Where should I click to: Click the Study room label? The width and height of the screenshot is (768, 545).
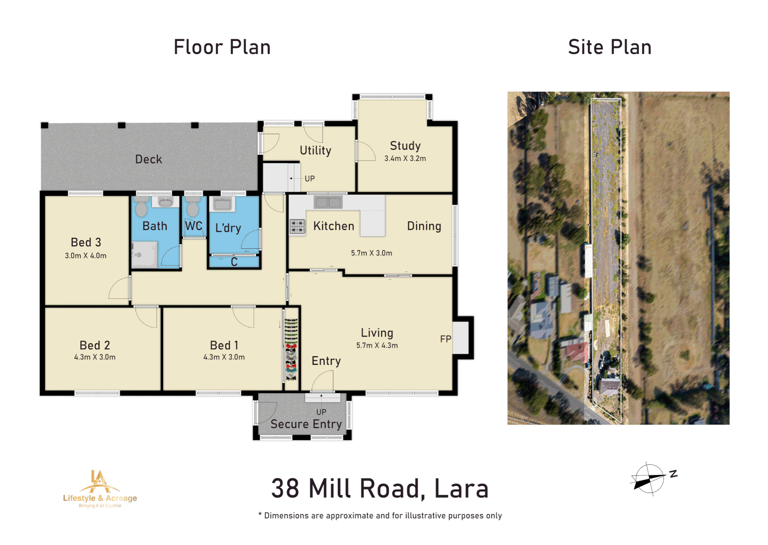(405, 146)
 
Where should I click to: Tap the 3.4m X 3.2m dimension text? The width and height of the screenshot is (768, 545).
(405, 158)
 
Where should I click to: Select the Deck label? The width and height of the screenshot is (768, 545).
(148, 159)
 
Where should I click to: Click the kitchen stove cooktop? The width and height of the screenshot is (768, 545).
(297, 227)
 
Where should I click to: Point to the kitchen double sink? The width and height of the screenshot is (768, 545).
(328, 203)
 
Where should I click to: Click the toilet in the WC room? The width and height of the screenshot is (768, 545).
(193, 207)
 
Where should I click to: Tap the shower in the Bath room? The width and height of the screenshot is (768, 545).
(144, 254)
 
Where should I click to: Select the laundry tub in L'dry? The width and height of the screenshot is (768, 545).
(222, 204)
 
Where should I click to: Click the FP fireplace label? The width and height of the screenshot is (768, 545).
(445, 339)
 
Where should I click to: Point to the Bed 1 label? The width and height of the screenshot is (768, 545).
(224, 345)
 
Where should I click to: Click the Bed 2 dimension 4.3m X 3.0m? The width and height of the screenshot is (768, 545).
(95, 357)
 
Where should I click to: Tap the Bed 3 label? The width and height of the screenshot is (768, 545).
(86, 243)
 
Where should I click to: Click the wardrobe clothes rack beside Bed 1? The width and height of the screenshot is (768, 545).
(291, 349)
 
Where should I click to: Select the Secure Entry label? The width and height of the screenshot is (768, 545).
(306, 424)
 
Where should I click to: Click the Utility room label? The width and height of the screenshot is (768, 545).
(316, 150)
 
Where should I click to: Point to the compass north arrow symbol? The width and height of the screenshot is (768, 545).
(649, 479)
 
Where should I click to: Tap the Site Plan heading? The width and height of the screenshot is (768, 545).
(609, 47)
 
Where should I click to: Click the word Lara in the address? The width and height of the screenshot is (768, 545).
(461, 488)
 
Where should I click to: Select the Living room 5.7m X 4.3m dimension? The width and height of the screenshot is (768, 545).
(377, 346)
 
